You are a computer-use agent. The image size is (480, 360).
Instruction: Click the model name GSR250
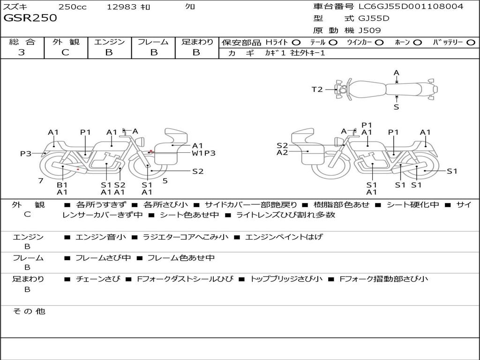(30, 18)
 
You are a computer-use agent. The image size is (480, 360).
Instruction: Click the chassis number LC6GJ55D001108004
(411, 7)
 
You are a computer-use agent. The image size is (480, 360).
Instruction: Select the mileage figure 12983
(122, 7)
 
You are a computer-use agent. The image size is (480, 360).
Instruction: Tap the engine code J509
(369, 30)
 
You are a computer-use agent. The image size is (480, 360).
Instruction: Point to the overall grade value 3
(22, 52)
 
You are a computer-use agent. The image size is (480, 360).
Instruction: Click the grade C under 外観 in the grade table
(66, 52)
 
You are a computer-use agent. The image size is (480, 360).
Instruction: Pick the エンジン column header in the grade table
(109, 42)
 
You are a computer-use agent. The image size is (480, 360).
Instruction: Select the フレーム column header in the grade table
(153, 42)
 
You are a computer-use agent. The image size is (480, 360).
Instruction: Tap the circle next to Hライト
(296, 42)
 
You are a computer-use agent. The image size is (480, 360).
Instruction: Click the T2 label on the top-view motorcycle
(317, 89)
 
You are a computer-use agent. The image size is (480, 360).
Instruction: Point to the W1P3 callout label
(203, 153)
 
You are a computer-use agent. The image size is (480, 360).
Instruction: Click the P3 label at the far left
(26, 153)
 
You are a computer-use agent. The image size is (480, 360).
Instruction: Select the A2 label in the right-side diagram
(282, 152)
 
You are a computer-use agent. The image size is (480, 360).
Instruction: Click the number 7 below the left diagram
(41, 180)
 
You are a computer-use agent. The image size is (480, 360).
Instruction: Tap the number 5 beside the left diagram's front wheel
(165, 180)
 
